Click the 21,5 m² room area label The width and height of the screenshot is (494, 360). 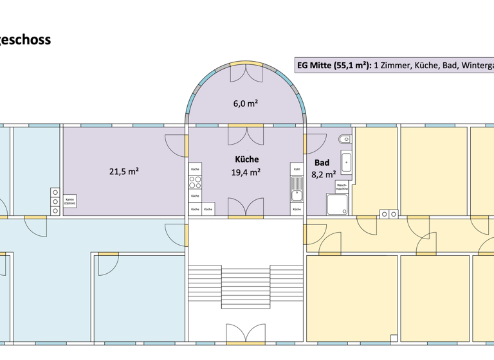click(124, 171)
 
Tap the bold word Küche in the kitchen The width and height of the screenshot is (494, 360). click(246, 159)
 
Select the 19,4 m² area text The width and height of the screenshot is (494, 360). click(246, 172)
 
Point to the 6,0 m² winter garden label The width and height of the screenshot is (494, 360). click(246, 103)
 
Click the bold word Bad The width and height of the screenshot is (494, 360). click(322, 163)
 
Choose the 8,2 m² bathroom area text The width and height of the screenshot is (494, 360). click(324, 174)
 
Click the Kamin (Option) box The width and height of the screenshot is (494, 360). click(69, 202)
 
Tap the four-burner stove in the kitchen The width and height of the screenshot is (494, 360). click(195, 182)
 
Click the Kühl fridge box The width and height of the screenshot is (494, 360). click(297, 169)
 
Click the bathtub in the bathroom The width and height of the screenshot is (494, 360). click(347, 163)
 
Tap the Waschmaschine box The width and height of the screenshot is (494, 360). click(342, 186)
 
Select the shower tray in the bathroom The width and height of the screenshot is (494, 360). click(338, 204)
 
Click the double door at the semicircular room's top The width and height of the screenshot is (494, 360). click(246, 72)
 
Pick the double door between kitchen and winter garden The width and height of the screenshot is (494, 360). click(246, 135)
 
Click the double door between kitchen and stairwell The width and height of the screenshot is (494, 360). click(246, 208)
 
